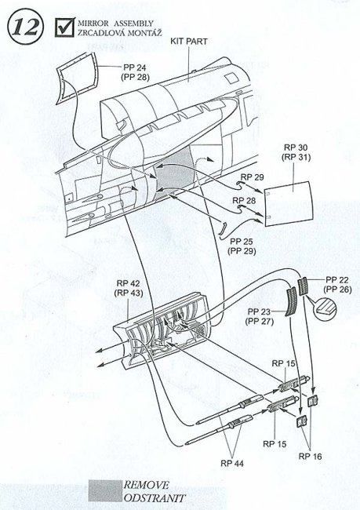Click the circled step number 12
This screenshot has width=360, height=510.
pyautogui.click(x=25, y=27)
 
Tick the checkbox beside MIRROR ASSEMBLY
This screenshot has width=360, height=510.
pyautogui.click(x=65, y=27)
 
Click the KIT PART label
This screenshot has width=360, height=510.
pyautogui.click(x=188, y=42)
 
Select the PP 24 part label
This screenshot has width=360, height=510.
pyautogui.click(x=135, y=67)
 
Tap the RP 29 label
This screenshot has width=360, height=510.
pyautogui.click(x=252, y=177)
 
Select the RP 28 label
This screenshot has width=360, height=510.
pyautogui.click(x=244, y=200)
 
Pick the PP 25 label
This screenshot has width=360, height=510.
pyautogui.click(x=242, y=242)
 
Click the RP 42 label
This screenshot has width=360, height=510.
pyautogui.click(x=128, y=283)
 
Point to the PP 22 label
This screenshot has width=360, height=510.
pyautogui.click(x=337, y=280)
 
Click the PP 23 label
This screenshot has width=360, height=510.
pyautogui.click(x=259, y=312)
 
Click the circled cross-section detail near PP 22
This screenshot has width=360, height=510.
pyautogui.click(x=325, y=308)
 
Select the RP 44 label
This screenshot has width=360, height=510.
pyautogui.click(x=232, y=463)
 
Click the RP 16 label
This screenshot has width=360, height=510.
pyautogui.click(x=310, y=457)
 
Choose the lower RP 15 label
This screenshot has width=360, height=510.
pyautogui.click(x=275, y=444)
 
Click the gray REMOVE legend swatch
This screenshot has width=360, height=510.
pyautogui.click(x=105, y=490)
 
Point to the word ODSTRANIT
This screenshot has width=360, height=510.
pyautogui.click(x=155, y=498)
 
